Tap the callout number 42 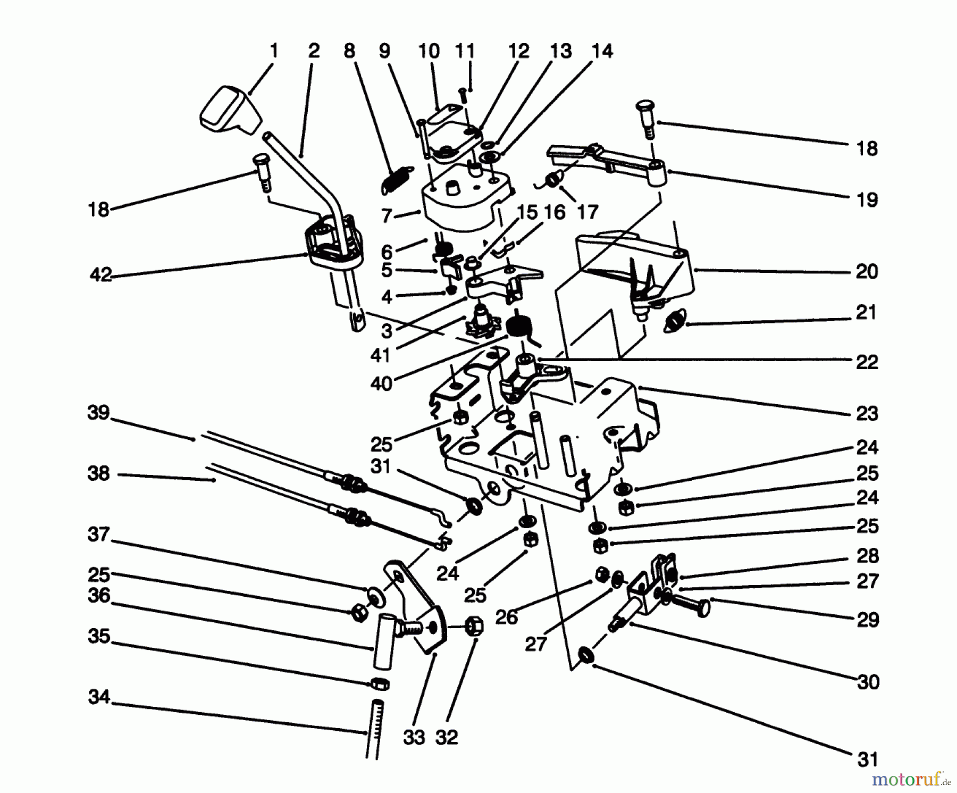100,275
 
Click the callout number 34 99,697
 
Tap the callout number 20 867,272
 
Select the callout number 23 867,413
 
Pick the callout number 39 98,413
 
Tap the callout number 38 98,473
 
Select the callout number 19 867,200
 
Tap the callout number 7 387,216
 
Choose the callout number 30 868,681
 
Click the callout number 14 602,51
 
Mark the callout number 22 867,362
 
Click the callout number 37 98,534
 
